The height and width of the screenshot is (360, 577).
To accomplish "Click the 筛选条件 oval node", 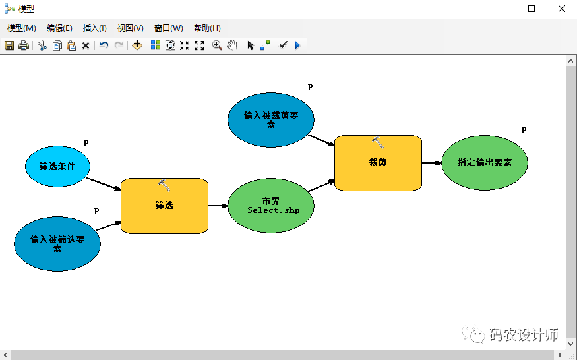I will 57,166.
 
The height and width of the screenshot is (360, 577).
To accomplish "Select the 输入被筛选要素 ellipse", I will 57,243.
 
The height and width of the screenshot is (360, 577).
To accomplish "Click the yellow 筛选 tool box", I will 164,206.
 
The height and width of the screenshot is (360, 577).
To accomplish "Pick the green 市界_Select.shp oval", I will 270,206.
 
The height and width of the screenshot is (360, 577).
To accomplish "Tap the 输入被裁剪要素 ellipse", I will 270,119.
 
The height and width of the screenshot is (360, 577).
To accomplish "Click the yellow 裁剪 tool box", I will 378,163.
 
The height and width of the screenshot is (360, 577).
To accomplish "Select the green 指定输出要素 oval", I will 484,162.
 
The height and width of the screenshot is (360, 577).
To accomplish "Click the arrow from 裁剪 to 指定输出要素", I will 431,162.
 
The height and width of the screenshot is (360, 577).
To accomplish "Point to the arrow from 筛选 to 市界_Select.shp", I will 218,206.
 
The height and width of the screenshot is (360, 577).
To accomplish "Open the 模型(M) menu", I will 22,28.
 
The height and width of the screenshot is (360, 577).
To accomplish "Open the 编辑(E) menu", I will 59,28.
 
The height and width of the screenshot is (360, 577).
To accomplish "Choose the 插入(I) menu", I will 94,28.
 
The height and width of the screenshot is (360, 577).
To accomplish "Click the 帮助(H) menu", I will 207,28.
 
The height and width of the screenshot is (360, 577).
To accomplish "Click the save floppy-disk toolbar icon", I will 9,45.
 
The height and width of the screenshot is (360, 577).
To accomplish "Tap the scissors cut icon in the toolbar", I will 42,45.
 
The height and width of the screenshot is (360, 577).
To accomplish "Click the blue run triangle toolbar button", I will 297,45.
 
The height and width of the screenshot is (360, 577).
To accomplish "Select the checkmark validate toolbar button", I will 283,45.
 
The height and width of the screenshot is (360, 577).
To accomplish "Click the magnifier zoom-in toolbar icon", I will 216,45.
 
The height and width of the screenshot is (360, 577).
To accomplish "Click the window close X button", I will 561,9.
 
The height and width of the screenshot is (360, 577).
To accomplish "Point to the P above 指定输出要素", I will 524,131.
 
